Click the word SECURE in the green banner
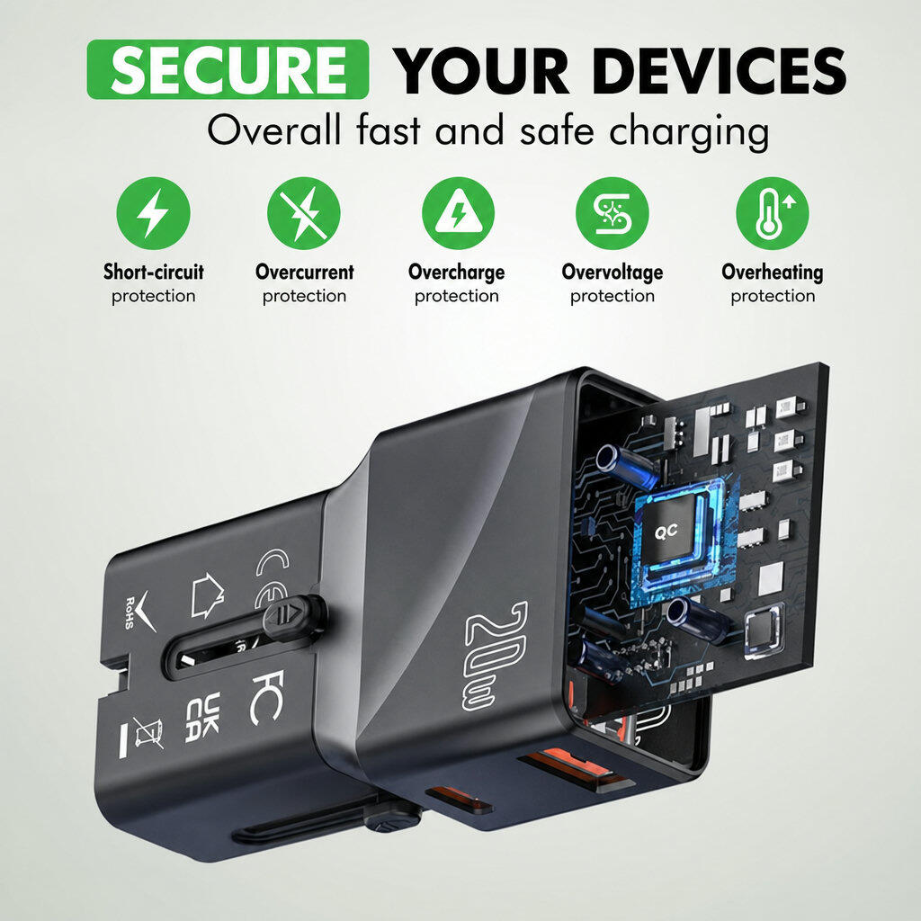[x=228, y=70]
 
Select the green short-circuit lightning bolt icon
[x=153, y=213]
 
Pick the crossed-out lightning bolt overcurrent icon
[x=304, y=213]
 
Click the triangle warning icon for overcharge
[x=458, y=213]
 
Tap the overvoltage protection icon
[x=612, y=213]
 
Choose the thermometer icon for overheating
[x=773, y=213]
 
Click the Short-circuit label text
[x=153, y=272]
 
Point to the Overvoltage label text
[x=612, y=272]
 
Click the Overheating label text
[x=773, y=272]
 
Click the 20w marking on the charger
[x=496, y=656]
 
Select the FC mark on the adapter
[x=268, y=697]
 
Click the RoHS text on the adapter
[x=130, y=613]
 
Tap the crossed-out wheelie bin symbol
[x=148, y=733]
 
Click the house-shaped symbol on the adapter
[x=207, y=595]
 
